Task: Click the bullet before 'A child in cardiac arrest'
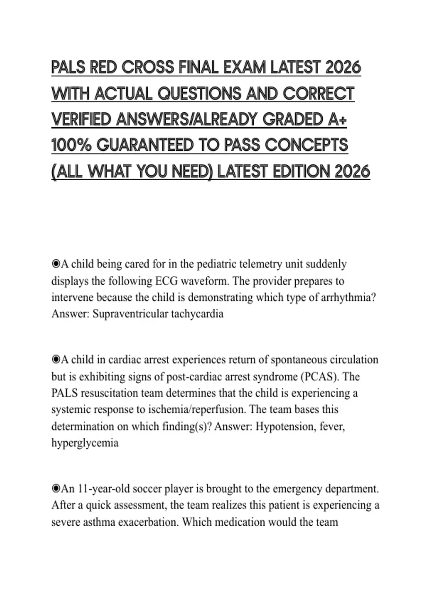[x=55, y=360]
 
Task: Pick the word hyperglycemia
[x=85, y=443]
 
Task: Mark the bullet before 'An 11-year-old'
[x=55, y=489]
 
